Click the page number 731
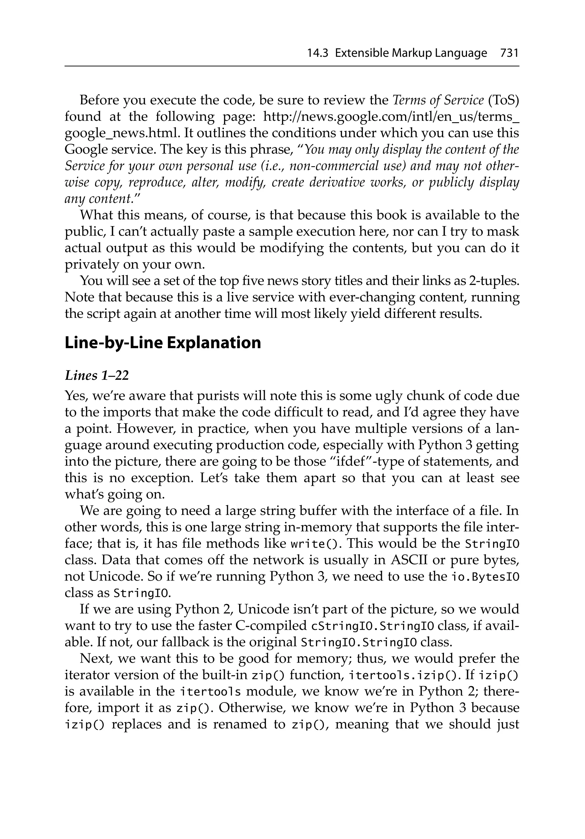coord(509,53)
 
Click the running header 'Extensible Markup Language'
coord(411,53)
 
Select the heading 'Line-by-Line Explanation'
coord(163,343)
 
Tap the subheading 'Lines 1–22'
coord(97,376)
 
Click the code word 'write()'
coord(316,544)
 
